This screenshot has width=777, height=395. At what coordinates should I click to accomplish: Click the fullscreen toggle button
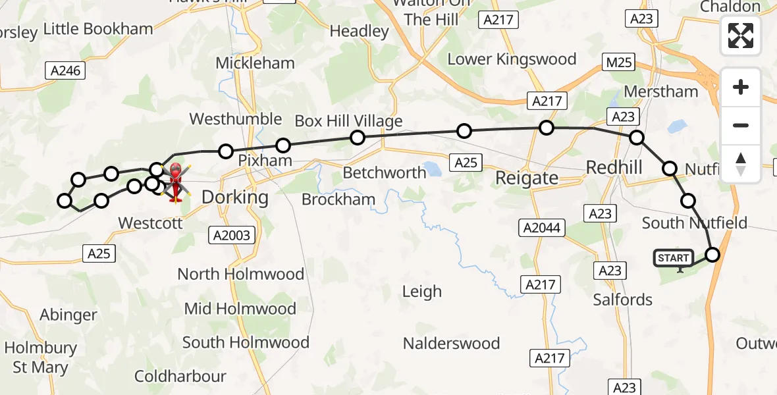coord(741,36)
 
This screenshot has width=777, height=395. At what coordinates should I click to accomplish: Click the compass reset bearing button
coord(741,164)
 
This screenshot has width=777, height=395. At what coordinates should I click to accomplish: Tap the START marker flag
coord(673,259)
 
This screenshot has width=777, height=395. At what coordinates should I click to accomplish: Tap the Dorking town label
coord(235,197)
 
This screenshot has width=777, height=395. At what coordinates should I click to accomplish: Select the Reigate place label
coord(526,177)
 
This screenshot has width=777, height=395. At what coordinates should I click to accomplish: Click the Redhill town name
coord(614,167)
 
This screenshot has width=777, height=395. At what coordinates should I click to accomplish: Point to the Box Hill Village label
coord(348,121)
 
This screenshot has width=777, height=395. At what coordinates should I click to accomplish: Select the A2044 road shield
coord(542,228)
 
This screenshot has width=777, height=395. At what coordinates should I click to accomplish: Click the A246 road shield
coord(67,70)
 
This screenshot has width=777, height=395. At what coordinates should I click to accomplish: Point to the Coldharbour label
coord(180,377)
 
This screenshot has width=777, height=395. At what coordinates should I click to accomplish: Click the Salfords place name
coord(622,300)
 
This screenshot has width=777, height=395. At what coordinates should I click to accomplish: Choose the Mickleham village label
coord(255,64)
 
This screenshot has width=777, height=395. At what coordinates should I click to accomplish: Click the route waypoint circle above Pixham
coord(282,145)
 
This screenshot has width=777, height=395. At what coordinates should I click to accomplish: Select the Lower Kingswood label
coord(512,59)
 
